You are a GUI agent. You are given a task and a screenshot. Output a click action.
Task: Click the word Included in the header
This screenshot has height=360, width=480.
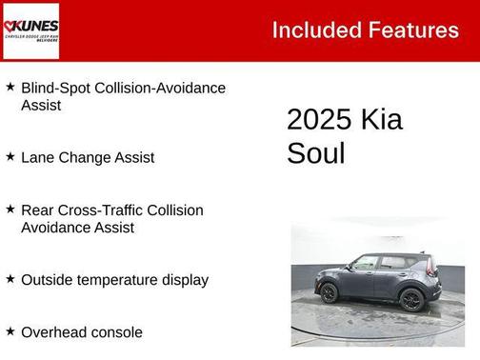(310, 30)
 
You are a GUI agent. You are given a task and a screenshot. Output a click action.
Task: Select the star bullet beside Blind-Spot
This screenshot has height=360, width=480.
(10, 87)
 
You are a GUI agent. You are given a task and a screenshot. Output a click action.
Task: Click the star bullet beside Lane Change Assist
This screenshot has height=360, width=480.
(10, 155)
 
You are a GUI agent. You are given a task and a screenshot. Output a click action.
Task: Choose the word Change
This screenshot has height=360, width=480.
(84, 157)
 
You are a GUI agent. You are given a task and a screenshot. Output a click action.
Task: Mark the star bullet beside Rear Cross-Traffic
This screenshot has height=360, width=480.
(10, 209)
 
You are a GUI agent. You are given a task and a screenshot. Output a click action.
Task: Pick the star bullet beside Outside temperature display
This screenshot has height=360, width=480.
(10, 279)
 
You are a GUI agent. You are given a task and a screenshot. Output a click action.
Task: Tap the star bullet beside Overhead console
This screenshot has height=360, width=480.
(10, 331)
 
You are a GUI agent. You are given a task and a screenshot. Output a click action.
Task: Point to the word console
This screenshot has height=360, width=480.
(115, 332)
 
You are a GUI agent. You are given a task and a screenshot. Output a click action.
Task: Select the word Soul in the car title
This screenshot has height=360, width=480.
(315, 153)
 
